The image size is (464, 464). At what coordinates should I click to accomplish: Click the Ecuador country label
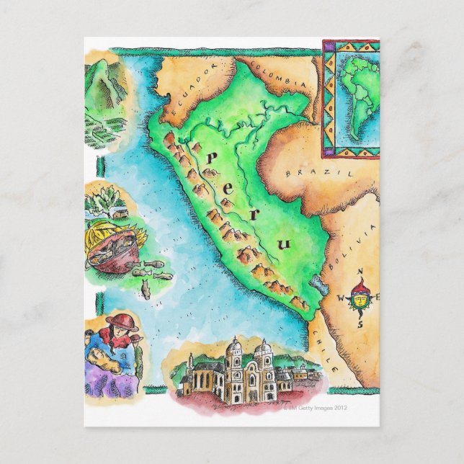(192, 88)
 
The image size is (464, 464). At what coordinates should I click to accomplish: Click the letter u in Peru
(286, 244)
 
